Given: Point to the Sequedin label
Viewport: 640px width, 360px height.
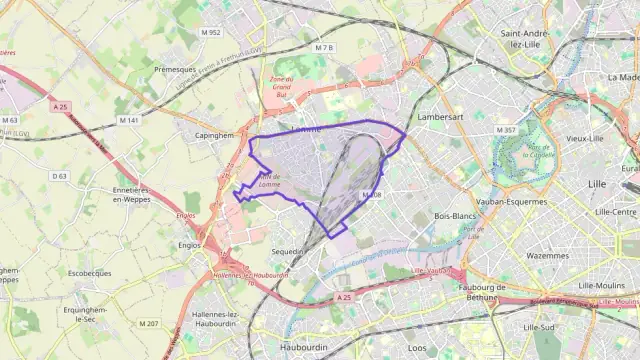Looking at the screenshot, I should [286, 252].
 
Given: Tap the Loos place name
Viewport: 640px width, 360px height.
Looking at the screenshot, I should [417, 348].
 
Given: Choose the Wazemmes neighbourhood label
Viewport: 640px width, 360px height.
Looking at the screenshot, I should [547, 255].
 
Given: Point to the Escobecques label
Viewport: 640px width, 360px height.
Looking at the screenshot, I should [90, 271].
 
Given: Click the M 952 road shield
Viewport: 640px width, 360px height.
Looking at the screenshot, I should [211, 32].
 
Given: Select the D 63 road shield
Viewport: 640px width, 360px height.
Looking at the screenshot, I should [59, 176].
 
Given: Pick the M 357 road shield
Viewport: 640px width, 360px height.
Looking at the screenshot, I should [506, 130].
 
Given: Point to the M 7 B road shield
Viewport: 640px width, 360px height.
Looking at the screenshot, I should [323, 47].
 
